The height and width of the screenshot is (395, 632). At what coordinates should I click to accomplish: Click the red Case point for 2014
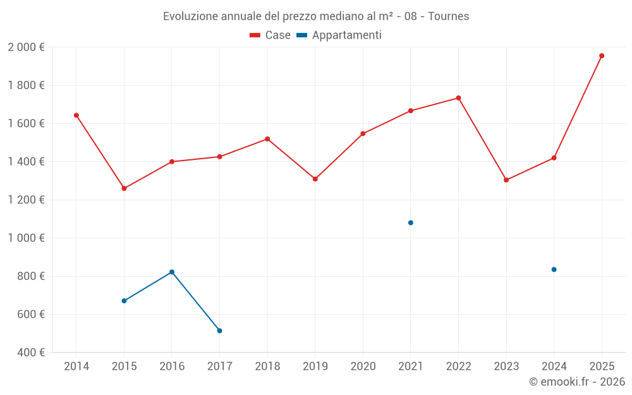coord(76,115)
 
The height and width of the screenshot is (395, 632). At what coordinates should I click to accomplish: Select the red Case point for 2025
coord(602,56)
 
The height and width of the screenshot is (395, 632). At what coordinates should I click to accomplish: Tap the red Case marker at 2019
coord(315,179)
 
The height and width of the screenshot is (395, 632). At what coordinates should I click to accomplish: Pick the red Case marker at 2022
coord(458,98)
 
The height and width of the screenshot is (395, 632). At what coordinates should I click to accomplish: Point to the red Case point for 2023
coord(506,180)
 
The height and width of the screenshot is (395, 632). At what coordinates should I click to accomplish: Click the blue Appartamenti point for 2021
coord(411,222)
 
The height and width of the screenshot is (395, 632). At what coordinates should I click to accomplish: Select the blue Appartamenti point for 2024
coord(554,269)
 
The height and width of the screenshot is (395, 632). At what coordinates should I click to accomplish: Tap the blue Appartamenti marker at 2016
coord(172,272)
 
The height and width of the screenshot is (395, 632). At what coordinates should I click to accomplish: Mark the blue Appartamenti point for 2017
coord(219,331)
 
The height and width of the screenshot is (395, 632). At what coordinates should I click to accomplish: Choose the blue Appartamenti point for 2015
coord(124,301)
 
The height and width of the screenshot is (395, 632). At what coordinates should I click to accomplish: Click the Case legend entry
coord(270,35)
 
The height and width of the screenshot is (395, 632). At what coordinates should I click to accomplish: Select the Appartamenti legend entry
coord(339,35)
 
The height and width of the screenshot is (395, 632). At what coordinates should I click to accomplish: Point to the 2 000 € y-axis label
coord(26,47)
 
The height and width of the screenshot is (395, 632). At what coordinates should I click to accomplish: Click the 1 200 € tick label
coord(26,200)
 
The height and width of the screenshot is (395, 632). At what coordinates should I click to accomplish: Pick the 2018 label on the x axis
coord(267,366)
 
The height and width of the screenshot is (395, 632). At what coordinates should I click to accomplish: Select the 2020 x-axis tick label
coord(363,366)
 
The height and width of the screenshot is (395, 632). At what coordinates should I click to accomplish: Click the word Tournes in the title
coord(448,16)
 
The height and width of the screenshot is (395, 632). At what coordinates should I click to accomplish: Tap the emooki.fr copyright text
coord(577,381)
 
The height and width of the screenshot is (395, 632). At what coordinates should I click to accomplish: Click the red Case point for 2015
coord(124,188)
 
